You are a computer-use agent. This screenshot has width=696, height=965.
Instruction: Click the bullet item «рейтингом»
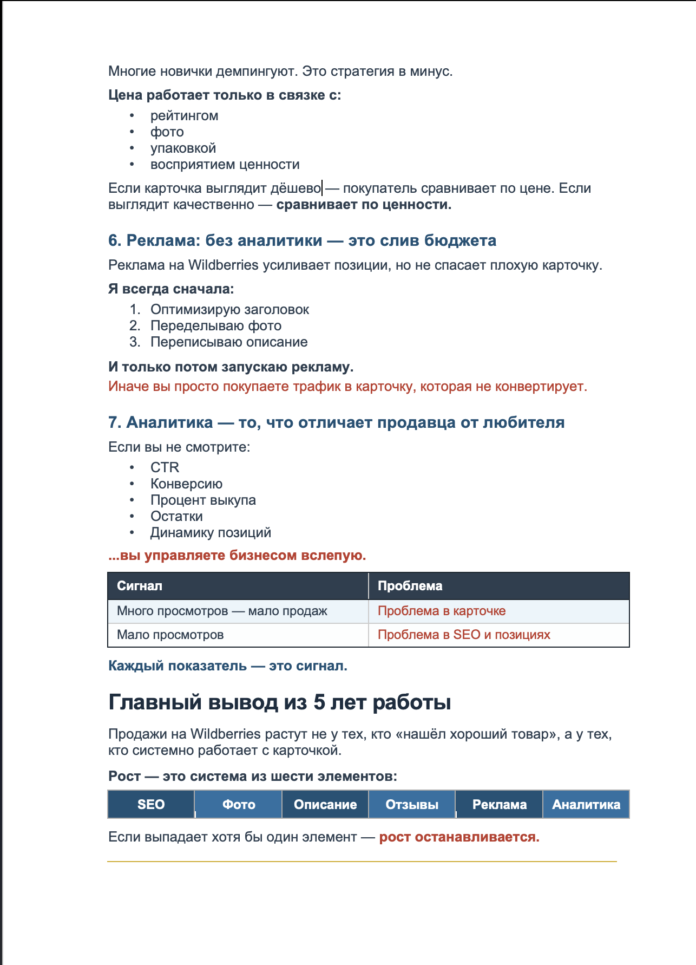[x=184, y=116]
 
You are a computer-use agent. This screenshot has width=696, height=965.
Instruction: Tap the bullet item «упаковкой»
[x=183, y=148]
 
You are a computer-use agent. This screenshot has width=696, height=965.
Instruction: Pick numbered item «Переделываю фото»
[x=215, y=326]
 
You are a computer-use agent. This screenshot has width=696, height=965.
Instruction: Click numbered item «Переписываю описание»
[x=228, y=342]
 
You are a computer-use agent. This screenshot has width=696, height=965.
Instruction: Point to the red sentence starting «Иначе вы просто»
[x=347, y=387]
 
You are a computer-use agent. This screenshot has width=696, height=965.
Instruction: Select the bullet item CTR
[x=165, y=467]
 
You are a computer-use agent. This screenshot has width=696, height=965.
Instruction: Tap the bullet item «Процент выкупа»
[x=203, y=500]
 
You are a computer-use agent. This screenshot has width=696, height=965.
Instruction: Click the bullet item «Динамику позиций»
[x=211, y=533]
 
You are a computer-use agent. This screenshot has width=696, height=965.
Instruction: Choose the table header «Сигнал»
[x=140, y=586]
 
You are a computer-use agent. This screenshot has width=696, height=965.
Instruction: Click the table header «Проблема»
[x=410, y=586]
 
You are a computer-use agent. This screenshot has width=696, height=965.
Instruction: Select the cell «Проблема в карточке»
[x=442, y=611]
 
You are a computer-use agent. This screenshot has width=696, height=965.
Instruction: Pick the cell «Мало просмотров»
[x=170, y=635]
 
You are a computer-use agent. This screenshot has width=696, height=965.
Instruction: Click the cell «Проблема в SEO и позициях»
[x=464, y=635]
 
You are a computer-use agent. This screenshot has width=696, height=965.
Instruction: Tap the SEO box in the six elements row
[x=151, y=805]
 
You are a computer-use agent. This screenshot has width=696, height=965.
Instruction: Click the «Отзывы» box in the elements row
[x=412, y=805]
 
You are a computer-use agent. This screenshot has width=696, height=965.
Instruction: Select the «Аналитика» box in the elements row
[x=586, y=805]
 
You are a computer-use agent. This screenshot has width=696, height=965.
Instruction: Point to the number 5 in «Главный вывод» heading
[x=319, y=702]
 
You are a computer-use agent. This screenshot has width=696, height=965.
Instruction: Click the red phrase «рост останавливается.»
[x=459, y=837]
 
